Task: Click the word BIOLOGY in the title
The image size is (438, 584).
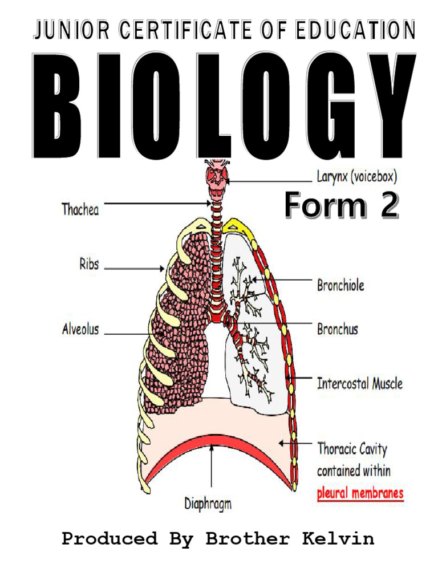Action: pos(222,107)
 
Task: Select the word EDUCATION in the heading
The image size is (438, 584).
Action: pos(355,31)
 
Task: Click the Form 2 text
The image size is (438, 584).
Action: pos(341,205)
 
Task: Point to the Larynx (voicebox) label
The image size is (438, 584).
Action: pos(356,176)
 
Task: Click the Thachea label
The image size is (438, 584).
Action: pos(80,209)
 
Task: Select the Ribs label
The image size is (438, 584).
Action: pos(88,264)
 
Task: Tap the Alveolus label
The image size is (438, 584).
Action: pos(80,329)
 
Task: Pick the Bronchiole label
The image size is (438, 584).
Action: pos(340,285)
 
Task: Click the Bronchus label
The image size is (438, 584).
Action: pos(338,329)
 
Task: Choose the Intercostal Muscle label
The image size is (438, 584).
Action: pos(359,383)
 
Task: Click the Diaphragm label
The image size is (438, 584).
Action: pos(208,504)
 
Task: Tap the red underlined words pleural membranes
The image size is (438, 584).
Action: pos(360,493)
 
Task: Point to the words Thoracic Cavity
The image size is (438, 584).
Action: pos(352,449)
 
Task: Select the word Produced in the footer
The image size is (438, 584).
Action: pos(109,539)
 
